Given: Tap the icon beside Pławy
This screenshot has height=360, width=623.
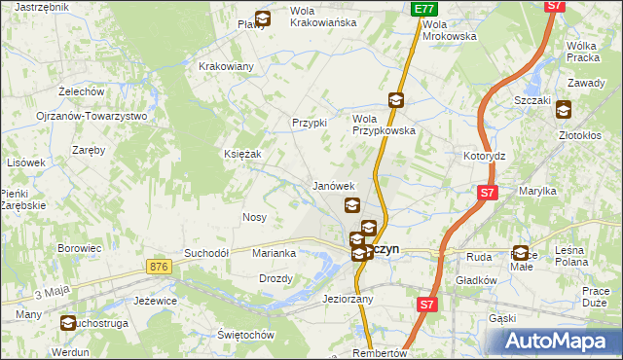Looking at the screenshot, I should (263, 18).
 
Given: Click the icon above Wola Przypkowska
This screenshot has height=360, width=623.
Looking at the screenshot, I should (395, 99).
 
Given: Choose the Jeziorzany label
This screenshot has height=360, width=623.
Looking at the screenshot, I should (348, 299).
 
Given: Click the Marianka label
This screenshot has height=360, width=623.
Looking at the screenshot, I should (274, 253).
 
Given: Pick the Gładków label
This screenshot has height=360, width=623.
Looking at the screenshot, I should (477, 280).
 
